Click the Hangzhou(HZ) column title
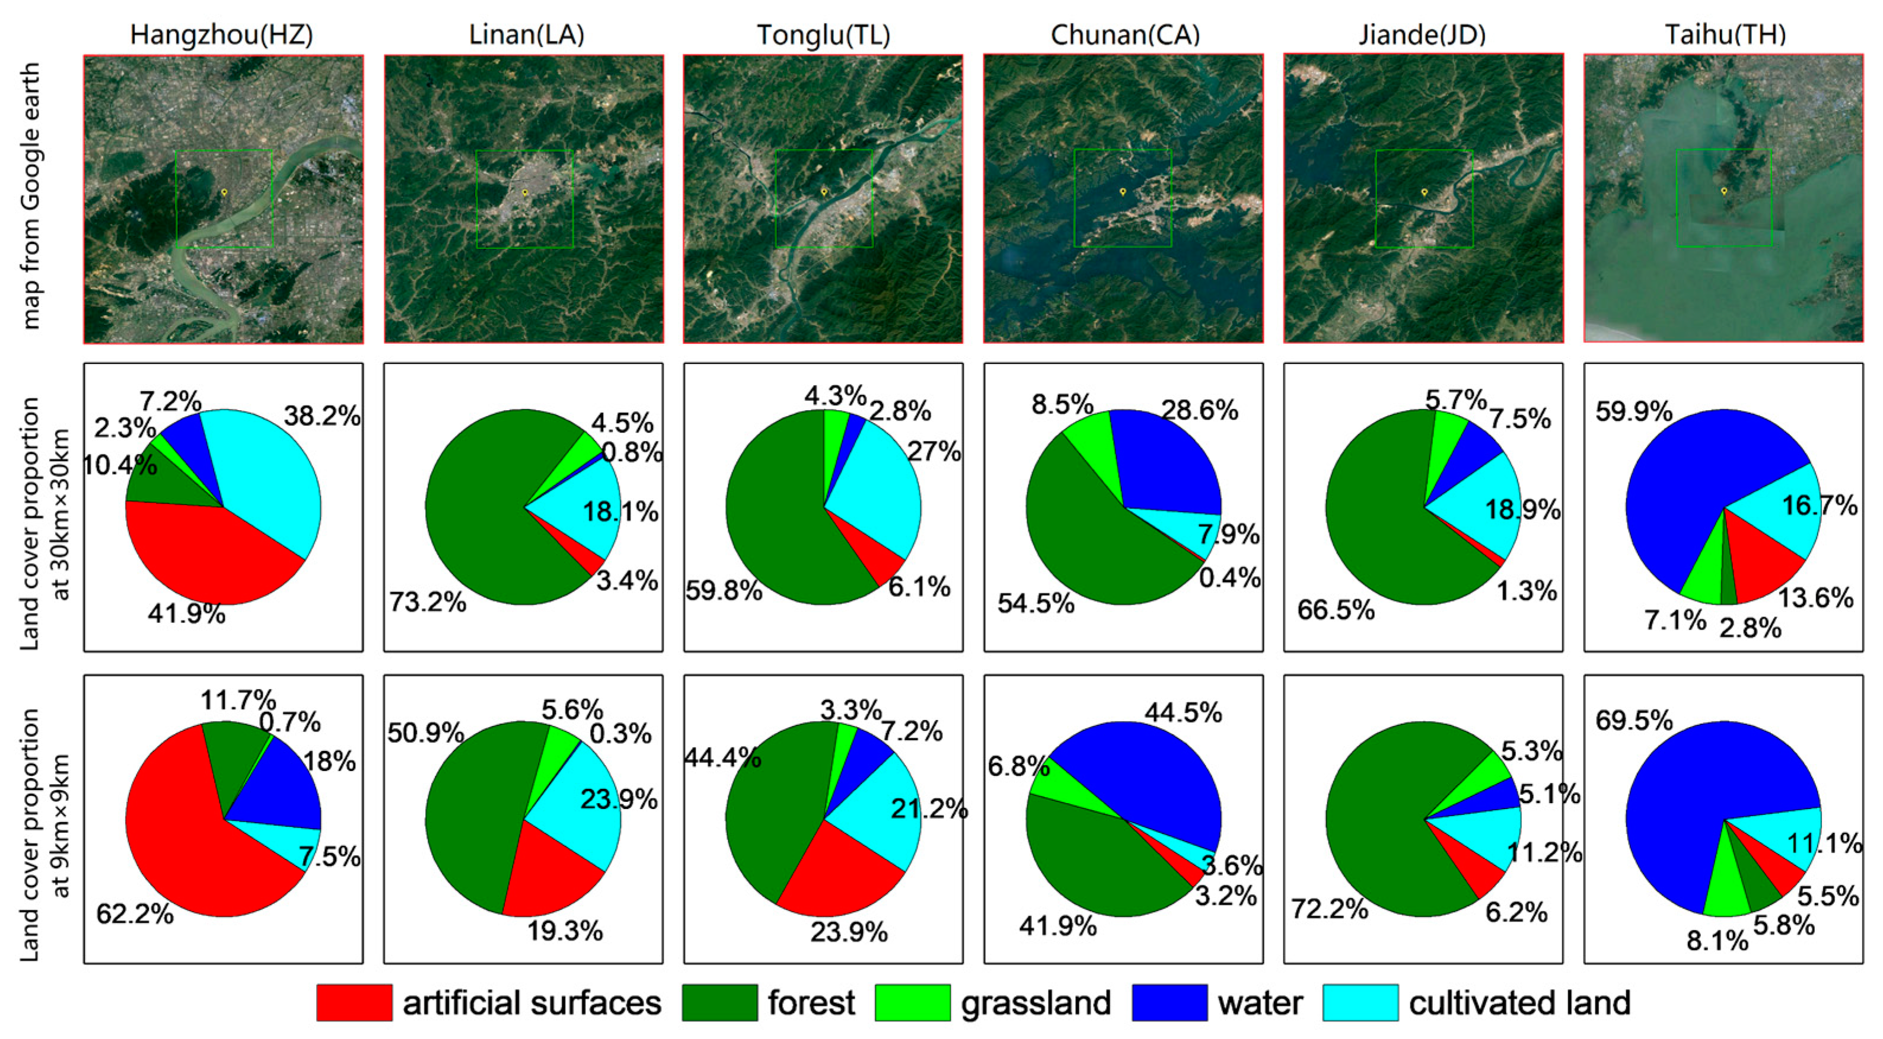pyautogui.click(x=221, y=34)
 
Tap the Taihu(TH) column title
pyautogui.click(x=1725, y=34)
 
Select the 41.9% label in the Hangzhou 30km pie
pyautogui.click(x=186, y=614)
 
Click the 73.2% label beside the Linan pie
pyautogui.click(x=428, y=602)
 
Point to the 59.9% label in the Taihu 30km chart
pyautogui.click(x=1634, y=411)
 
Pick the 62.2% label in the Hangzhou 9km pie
pyautogui.click(x=135, y=913)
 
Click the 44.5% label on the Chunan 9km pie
pyautogui.click(x=1183, y=712)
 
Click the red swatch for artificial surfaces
pyautogui.click(x=354, y=1002)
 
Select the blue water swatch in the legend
pyautogui.click(x=1170, y=1002)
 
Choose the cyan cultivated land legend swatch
pyautogui.click(x=1361, y=1002)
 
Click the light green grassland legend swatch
pyautogui.click(x=912, y=1002)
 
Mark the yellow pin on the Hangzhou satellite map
pyautogui.click(x=224, y=192)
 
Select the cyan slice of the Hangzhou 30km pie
pyautogui.click(x=270, y=482)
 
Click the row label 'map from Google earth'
pyautogui.click(x=30, y=196)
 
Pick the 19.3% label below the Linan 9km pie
pyautogui.click(x=565, y=931)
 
